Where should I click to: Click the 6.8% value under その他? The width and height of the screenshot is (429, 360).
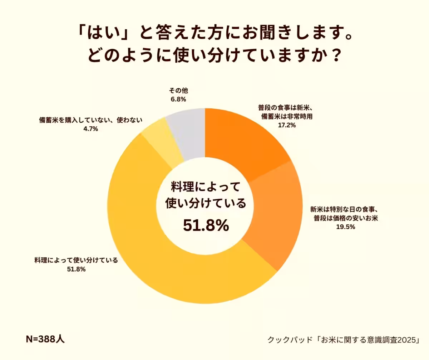pyautogui.click(x=178, y=99)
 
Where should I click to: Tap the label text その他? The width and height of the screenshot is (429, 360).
pyautogui.click(x=178, y=91)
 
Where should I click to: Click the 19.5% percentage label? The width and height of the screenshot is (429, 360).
pyautogui.click(x=346, y=227)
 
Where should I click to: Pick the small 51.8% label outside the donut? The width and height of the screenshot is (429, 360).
pyautogui.click(x=76, y=269)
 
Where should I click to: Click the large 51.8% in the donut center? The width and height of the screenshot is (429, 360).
pyautogui.click(x=206, y=225)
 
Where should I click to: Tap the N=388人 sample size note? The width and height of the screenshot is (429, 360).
pyautogui.click(x=45, y=339)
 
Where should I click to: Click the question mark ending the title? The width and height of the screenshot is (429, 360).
pyautogui.click(x=335, y=56)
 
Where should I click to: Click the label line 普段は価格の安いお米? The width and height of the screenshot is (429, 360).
pyautogui.click(x=346, y=218)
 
